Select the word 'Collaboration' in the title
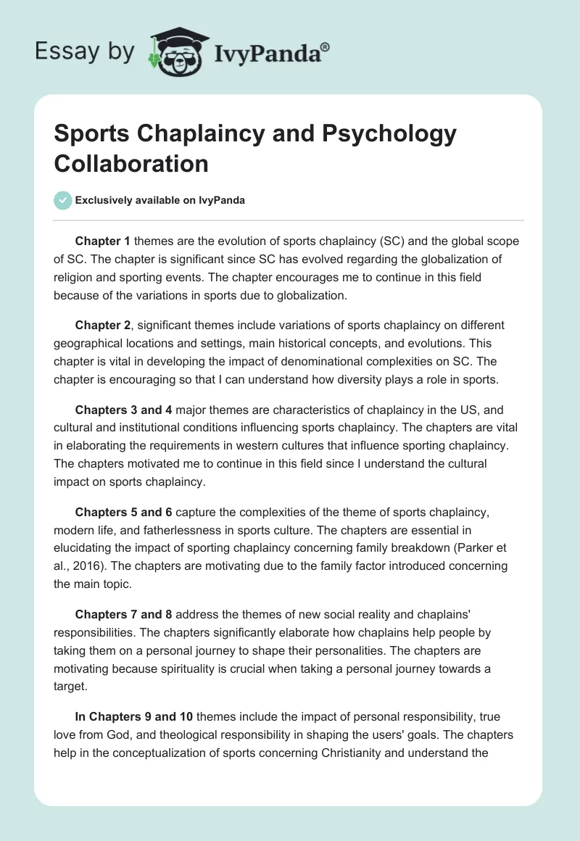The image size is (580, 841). point(131,163)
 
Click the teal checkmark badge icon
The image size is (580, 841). point(63,200)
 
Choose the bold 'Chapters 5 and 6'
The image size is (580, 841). point(120,513)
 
